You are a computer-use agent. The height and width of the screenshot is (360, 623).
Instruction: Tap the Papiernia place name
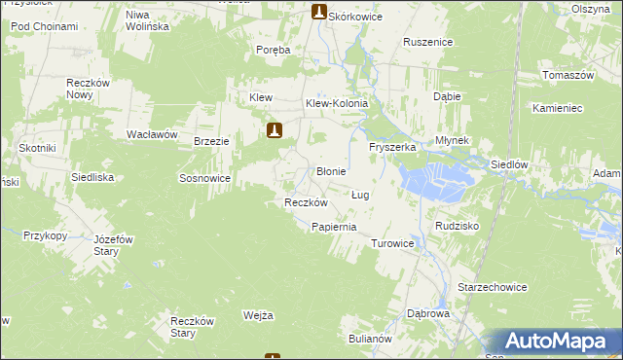(x=334, y=227)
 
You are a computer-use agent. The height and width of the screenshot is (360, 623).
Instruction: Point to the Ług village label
(x=360, y=195)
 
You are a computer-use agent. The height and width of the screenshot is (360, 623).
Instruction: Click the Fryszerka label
(x=392, y=147)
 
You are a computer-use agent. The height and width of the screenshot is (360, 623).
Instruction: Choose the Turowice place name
(x=393, y=243)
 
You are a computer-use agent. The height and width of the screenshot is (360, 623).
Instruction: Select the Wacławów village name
(x=151, y=134)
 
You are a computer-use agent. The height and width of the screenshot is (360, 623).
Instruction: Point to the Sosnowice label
(x=204, y=179)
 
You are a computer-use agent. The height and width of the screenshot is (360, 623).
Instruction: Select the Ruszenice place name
(x=428, y=43)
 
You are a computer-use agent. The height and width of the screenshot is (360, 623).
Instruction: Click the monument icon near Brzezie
(x=275, y=129)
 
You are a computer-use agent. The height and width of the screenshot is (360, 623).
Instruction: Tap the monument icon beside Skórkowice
(x=318, y=12)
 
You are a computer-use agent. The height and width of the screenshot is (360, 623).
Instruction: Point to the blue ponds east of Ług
(x=436, y=179)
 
